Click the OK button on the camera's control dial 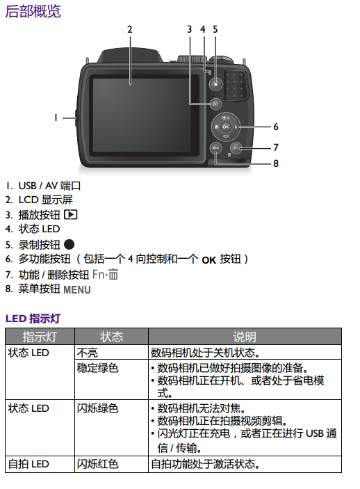tap(226, 127)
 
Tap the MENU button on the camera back tap(215, 148)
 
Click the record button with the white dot tap(215, 84)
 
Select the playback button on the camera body tap(215, 104)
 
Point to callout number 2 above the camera tap(130, 29)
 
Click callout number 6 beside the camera tap(276, 127)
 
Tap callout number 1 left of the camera tap(56, 118)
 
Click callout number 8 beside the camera tap(276, 163)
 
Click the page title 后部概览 tap(33, 11)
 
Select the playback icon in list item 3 tap(70, 214)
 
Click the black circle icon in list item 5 tap(69, 245)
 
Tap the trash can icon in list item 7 tap(113, 275)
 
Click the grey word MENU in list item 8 tap(77, 290)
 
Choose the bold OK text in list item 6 tap(208, 260)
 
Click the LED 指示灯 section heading tap(33, 319)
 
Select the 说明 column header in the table tap(245, 337)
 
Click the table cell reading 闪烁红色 tap(97, 464)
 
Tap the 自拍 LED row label tap(28, 464)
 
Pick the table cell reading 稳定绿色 tap(97, 368)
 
